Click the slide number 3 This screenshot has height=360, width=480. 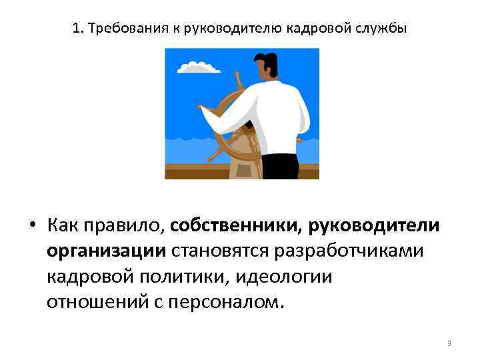pyautogui.click(x=449, y=343)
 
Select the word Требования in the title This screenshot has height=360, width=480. pyautogui.click(x=122, y=29)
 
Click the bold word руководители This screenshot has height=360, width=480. pyautogui.click(x=373, y=225)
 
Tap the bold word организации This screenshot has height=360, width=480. pyautogui.click(x=106, y=251)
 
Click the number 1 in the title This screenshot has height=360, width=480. pyautogui.click(x=75, y=29)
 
